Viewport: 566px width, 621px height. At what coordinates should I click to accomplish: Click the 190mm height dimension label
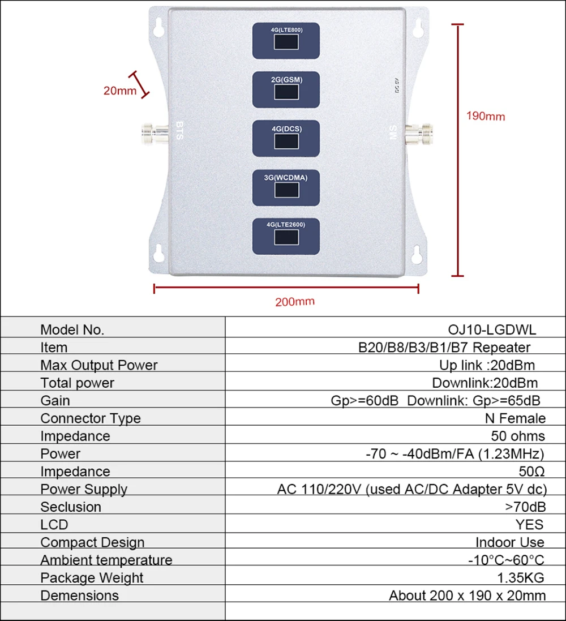tap(485, 117)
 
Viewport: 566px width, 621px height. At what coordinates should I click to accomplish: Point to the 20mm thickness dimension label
tap(119, 90)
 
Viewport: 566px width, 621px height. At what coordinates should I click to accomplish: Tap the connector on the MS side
tap(420, 132)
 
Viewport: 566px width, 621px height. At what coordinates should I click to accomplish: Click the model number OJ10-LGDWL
tap(491, 329)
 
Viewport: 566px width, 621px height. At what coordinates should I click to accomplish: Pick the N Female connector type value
tap(515, 418)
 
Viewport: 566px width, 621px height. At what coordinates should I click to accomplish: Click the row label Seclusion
tap(71, 507)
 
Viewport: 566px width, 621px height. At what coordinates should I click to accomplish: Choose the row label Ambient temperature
tap(106, 560)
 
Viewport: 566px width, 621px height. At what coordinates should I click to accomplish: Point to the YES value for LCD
tap(530, 525)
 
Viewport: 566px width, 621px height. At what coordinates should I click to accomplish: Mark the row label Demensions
tap(80, 596)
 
